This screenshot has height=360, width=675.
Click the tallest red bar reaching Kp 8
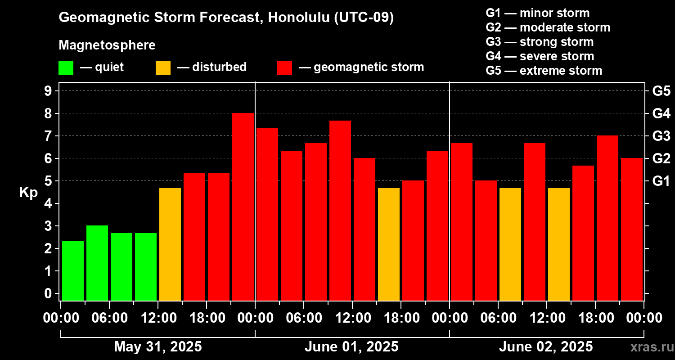[243, 207]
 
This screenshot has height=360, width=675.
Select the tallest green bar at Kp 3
[97, 263]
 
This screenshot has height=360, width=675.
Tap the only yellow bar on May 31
[170, 244]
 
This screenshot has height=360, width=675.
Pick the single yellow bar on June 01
[389, 244]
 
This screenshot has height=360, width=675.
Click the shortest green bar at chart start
[73, 270]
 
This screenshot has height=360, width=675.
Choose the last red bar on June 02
[632, 229]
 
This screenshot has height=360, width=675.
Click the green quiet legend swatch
[66, 68]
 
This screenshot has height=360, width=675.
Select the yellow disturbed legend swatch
[163, 68]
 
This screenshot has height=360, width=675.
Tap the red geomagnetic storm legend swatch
[285, 68]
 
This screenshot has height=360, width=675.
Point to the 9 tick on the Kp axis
[48, 91]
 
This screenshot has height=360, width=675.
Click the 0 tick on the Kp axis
[48, 293]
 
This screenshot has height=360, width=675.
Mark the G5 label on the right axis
[661, 91]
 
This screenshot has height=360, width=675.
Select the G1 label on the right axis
[661, 181]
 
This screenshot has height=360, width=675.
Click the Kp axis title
[28, 192]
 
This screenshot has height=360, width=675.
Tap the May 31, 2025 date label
[158, 346]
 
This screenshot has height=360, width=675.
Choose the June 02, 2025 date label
[546, 346]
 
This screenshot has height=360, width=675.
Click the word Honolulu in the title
[299, 17]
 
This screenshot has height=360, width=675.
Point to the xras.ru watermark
[652, 347]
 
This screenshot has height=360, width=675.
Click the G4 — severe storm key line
[540, 56]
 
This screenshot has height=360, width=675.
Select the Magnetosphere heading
[107, 45]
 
